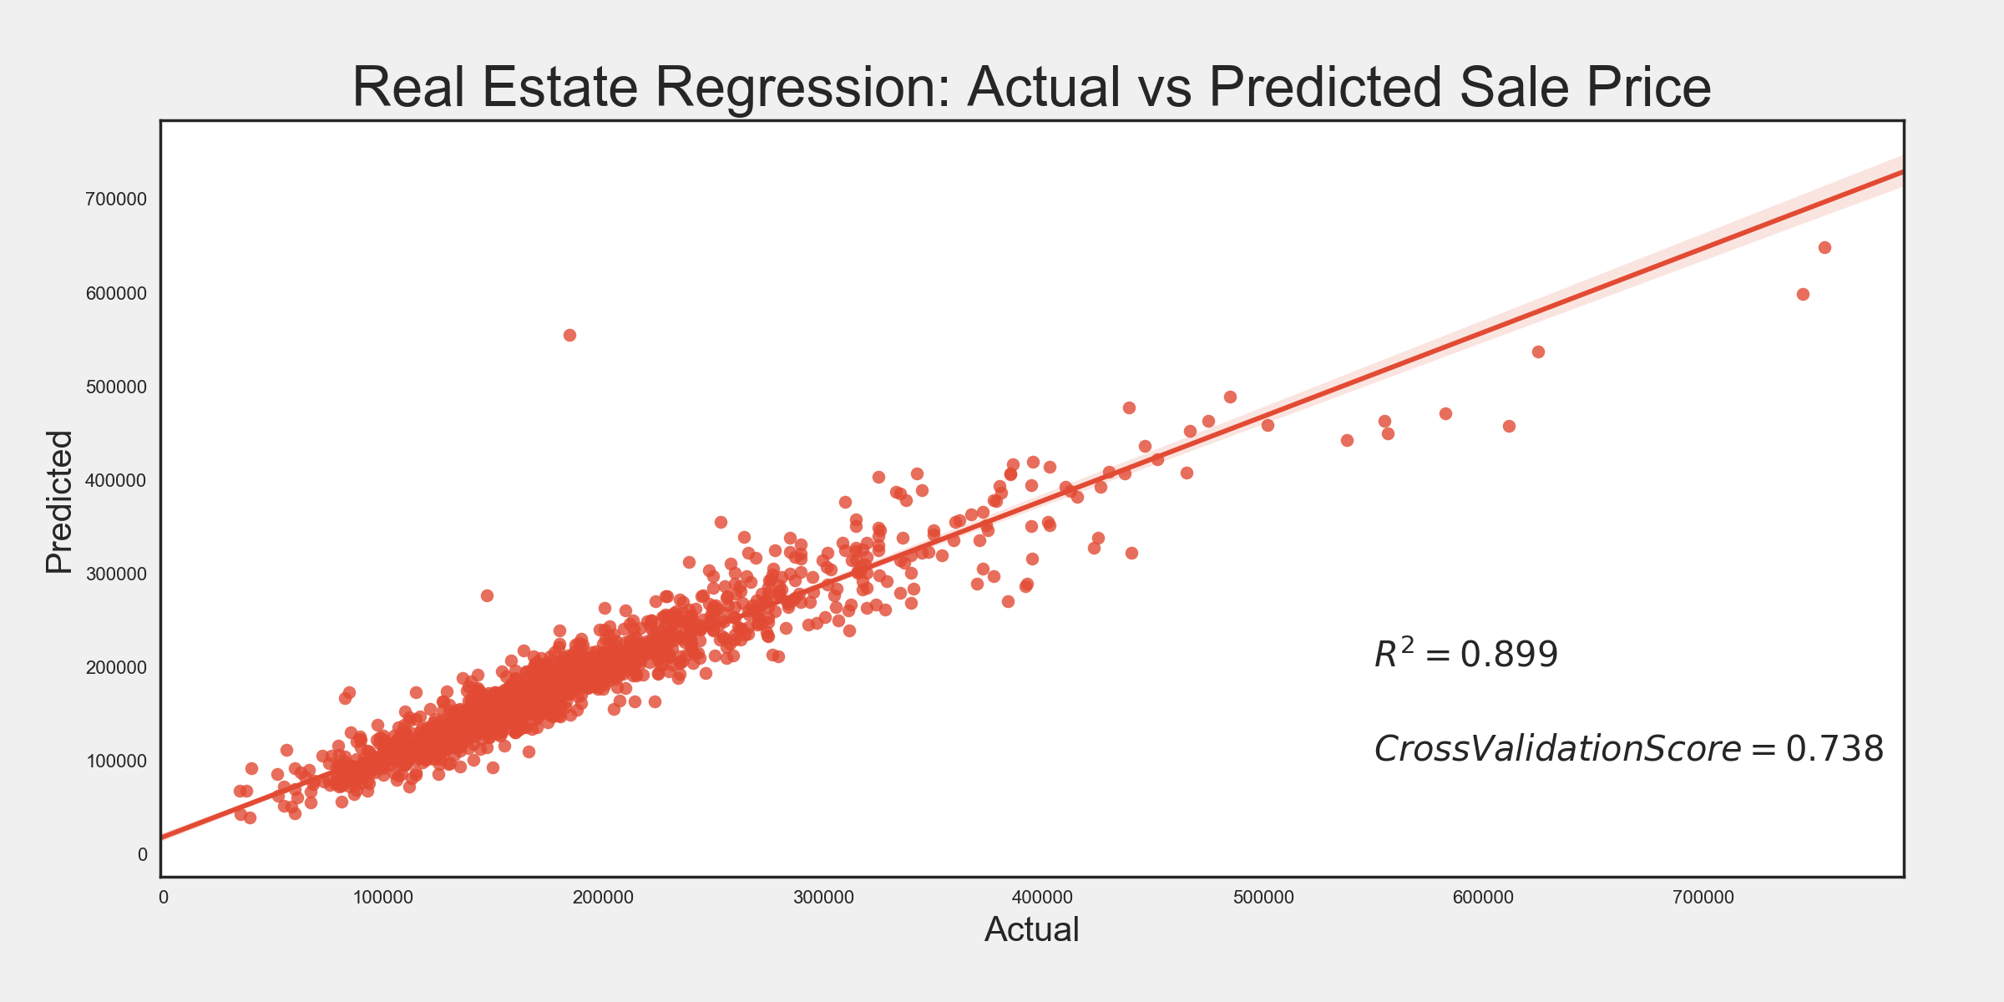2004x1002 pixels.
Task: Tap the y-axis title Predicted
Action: [58, 502]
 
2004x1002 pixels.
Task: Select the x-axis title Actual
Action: [1031, 929]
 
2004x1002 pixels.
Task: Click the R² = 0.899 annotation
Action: [1465, 654]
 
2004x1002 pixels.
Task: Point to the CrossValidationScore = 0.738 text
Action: [1628, 749]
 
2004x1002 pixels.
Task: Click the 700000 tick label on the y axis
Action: [116, 199]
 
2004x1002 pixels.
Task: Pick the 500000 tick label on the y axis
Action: [116, 387]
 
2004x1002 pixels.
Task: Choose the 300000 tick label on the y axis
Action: [116, 574]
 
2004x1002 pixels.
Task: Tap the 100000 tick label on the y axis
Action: [116, 761]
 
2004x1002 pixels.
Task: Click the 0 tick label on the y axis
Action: [142, 854]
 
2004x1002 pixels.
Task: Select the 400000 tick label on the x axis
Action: [1042, 898]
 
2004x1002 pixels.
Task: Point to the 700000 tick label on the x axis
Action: [1703, 898]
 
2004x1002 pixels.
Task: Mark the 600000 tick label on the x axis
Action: [1483, 898]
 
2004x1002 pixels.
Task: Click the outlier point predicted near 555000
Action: [569, 335]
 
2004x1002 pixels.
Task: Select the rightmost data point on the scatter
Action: [1824, 247]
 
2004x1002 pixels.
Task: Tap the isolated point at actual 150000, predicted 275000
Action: [487, 595]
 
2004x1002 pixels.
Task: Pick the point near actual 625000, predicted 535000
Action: [1538, 352]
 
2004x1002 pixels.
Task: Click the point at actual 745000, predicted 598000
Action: [1803, 294]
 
